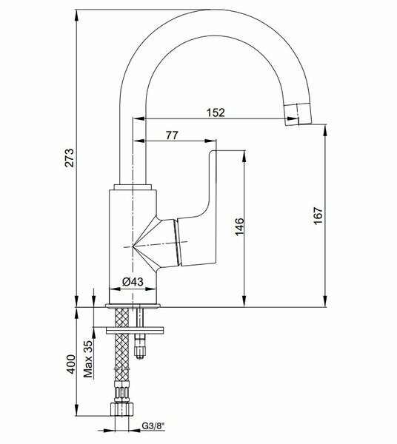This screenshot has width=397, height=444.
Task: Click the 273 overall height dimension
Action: [70, 158]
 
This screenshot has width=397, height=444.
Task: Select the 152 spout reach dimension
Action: [216, 112]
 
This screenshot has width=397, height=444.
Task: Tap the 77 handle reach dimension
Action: [173, 135]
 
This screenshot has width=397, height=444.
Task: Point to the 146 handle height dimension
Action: [239, 226]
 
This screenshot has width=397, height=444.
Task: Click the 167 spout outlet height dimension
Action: [318, 216]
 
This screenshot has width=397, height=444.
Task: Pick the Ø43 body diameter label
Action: [133, 282]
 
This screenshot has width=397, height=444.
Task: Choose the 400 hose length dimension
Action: [70, 364]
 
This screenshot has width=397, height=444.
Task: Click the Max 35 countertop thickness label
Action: [88, 359]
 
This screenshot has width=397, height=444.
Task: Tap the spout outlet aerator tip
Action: [298, 114]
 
